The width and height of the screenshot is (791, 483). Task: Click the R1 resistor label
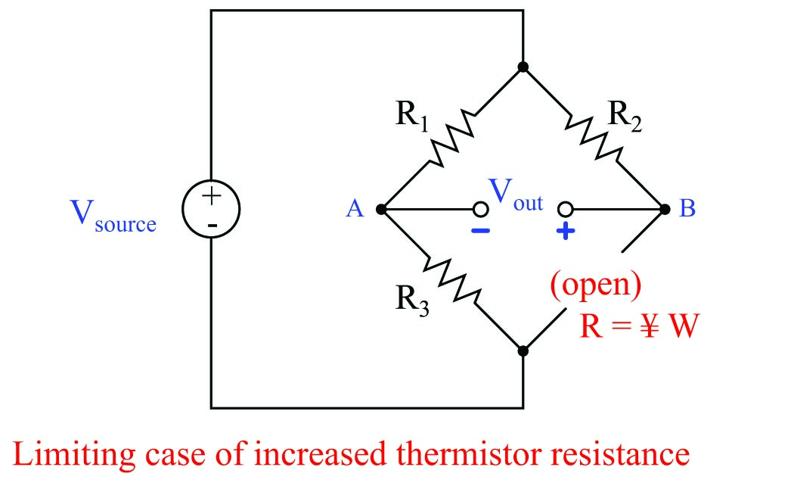pyautogui.click(x=411, y=115)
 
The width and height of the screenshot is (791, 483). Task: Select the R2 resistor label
pyautogui.click(x=625, y=116)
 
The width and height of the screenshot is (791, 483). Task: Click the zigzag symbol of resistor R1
pyautogui.click(x=451, y=139)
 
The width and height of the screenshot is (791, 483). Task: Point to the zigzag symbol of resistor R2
pyautogui.click(x=594, y=137)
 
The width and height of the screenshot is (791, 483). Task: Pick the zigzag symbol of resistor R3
pyautogui.click(x=452, y=280)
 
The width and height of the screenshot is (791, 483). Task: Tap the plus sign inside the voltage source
pyautogui.click(x=212, y=195)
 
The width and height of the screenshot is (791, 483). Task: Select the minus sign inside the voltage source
pyautogui.click(x=212, y=226)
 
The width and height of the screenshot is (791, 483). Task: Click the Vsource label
pyautogui.click(x=113, y=217)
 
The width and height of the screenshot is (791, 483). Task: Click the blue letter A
pyautogui.click(x=355, y=209)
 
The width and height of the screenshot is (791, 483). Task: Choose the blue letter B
pyautogui.click(x=687, y=208)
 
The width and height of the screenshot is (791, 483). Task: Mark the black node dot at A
pyautogui.click(x=381, y=209)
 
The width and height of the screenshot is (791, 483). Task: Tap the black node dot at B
pyautogui.click(x=665, y=209)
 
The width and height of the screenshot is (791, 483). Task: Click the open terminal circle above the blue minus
pyautogui.click(x=480, y=209)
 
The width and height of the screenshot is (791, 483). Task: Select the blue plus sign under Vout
pyautogui.click(x=566, y=232)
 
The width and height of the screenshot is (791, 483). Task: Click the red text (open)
pyautogui.click(x=596, y=284)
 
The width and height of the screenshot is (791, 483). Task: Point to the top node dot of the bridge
pyautogui.click(x=523, y=67)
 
